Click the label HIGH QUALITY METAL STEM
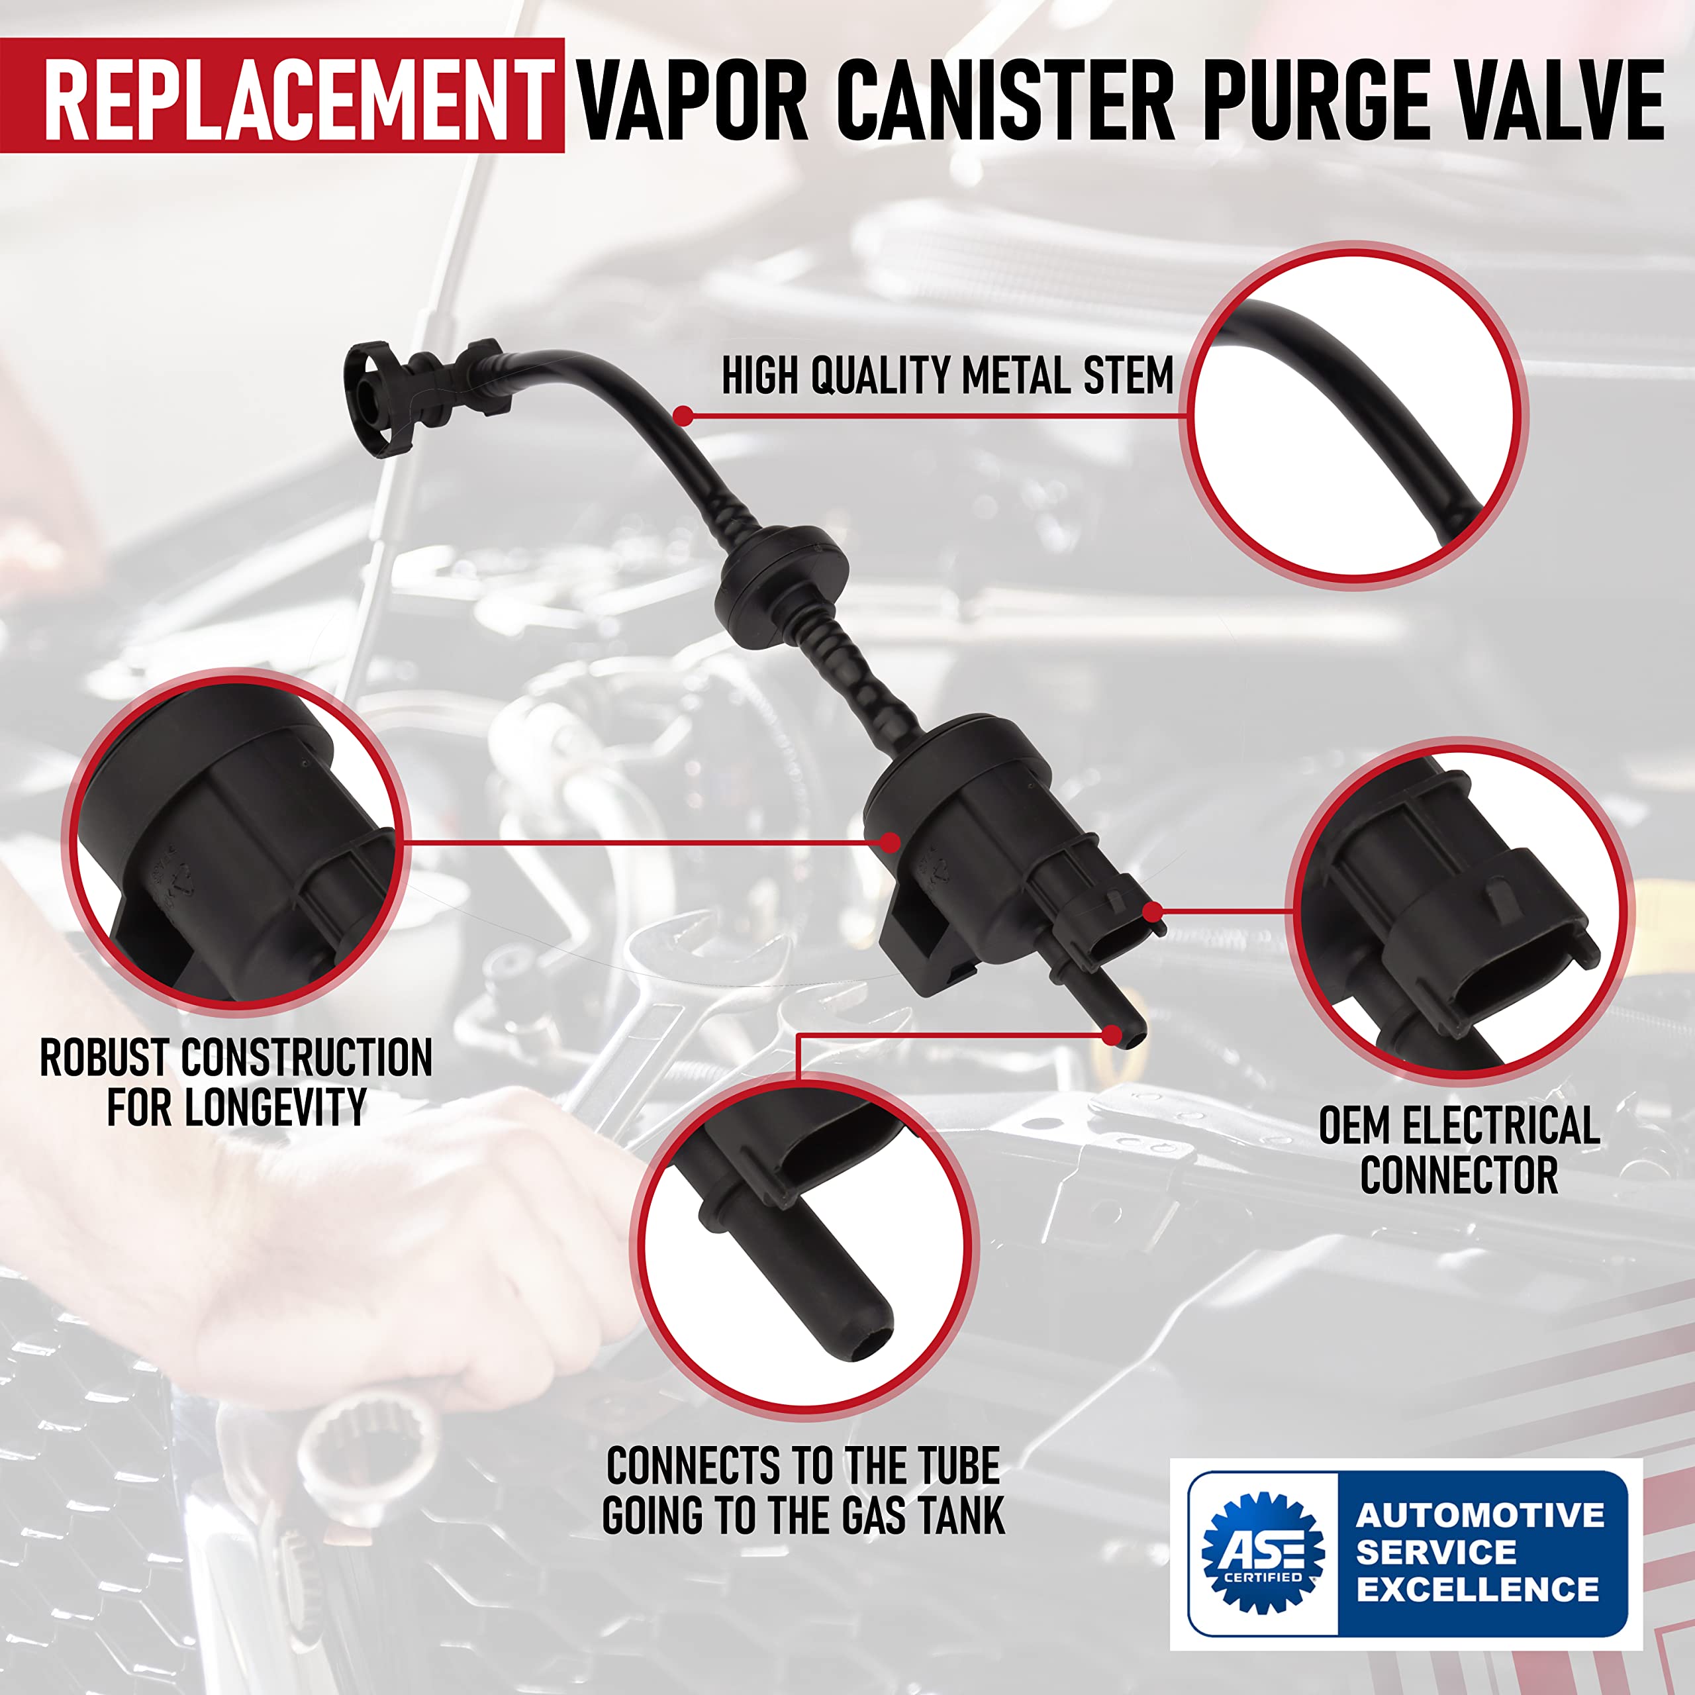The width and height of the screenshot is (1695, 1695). pyautogui.click(x=947, y=375)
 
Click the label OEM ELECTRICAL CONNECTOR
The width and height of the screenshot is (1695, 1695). pyautogui.click(x=1459, y=1150)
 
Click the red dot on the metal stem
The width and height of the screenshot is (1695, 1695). pyautogui.click(x=683, y=416)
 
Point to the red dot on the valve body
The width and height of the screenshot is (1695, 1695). pyautogui.click(x=891, y=842)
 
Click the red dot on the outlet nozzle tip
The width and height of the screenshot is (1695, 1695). pyautogui.click(x=1112, y=1036)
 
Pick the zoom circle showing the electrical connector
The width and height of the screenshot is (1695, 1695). pyautogui.click(x=1458, y=912)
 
